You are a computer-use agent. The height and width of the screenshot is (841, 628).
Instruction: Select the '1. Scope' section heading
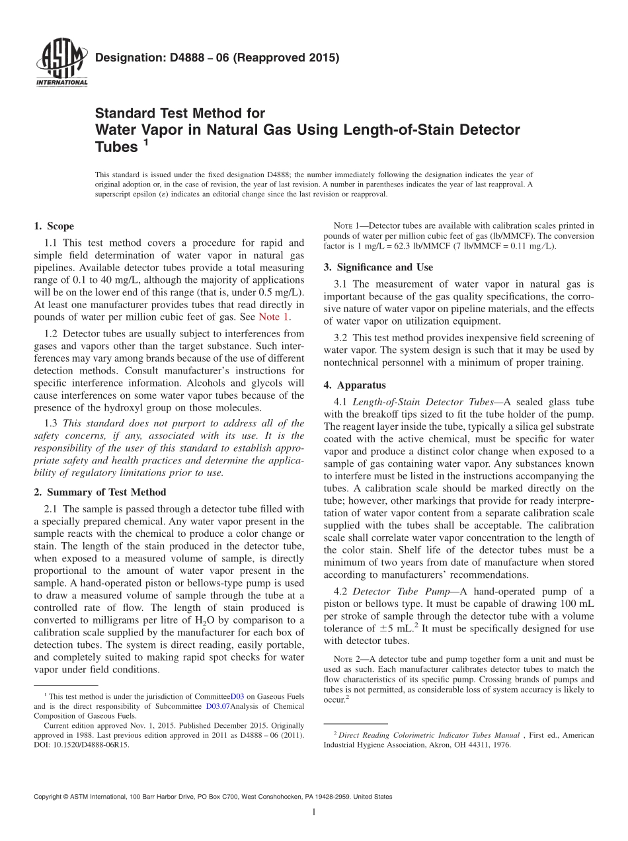pyautogui.click(x=54, y=226)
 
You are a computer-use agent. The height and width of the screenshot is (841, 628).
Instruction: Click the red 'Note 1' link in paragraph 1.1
pyautogui.click(x=274, y=317)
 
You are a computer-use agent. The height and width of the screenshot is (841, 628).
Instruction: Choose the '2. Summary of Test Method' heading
pyautogui.click(x=100, y=492)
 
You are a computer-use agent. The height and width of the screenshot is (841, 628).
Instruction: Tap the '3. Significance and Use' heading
pyautogui.click(x=378, y=267)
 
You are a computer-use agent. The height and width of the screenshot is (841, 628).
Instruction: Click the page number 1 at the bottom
pyautogui.click(x=313, y=813)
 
